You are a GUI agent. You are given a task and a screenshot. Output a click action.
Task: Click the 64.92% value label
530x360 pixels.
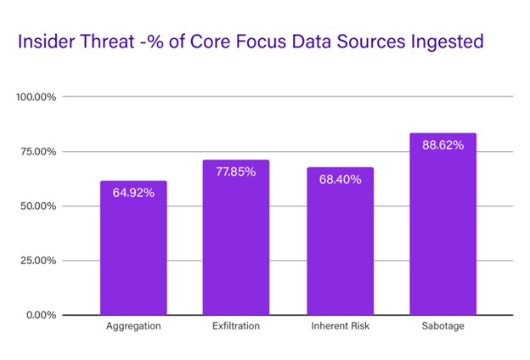133,193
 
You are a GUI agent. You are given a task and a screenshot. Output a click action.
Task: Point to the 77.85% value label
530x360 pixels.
235,172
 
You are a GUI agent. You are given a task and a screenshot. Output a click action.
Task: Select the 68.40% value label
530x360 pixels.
340,179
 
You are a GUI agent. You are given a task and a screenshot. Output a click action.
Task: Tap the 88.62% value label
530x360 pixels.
443,145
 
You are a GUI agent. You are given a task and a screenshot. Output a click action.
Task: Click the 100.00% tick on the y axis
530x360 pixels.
37,97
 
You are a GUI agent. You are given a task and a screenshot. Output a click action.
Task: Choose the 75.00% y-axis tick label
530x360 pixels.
39,151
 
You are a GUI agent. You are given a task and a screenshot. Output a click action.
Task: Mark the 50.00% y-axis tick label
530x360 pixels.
39,205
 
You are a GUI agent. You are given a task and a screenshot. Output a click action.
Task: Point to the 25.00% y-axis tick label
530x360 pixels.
39,261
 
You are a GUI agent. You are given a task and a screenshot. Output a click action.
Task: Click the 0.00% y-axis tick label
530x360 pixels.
42,315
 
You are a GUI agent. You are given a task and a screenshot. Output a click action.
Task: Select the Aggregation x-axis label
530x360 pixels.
133,327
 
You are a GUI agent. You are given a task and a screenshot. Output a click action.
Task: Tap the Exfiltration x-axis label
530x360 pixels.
235,327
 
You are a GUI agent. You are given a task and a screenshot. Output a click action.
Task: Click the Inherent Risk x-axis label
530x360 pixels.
340,327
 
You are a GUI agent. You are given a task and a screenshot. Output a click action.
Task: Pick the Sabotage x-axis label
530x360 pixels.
443,327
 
